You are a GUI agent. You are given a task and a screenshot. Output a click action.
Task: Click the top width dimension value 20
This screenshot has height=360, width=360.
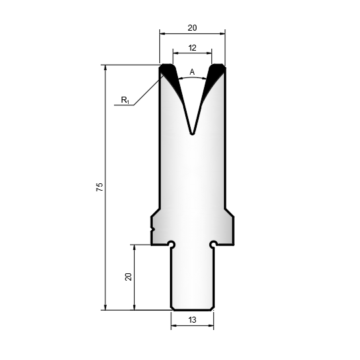tap(192, 28)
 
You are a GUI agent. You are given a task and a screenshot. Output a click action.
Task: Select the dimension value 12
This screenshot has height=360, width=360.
tap(192, 48)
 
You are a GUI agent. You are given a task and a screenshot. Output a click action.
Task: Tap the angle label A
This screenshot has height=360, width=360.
tap(192, 72)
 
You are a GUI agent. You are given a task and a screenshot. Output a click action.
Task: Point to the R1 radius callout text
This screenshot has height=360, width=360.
tap(125, 100)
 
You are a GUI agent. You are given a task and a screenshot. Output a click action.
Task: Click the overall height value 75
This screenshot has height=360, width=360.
tap(99, 187)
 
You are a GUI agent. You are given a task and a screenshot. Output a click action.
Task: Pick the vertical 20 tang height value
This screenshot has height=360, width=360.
tap(129, 277)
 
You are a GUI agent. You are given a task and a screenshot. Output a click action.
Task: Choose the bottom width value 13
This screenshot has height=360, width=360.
tap(193, 319)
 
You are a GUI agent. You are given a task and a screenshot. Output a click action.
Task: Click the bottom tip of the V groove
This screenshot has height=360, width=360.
tap(192, 134)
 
